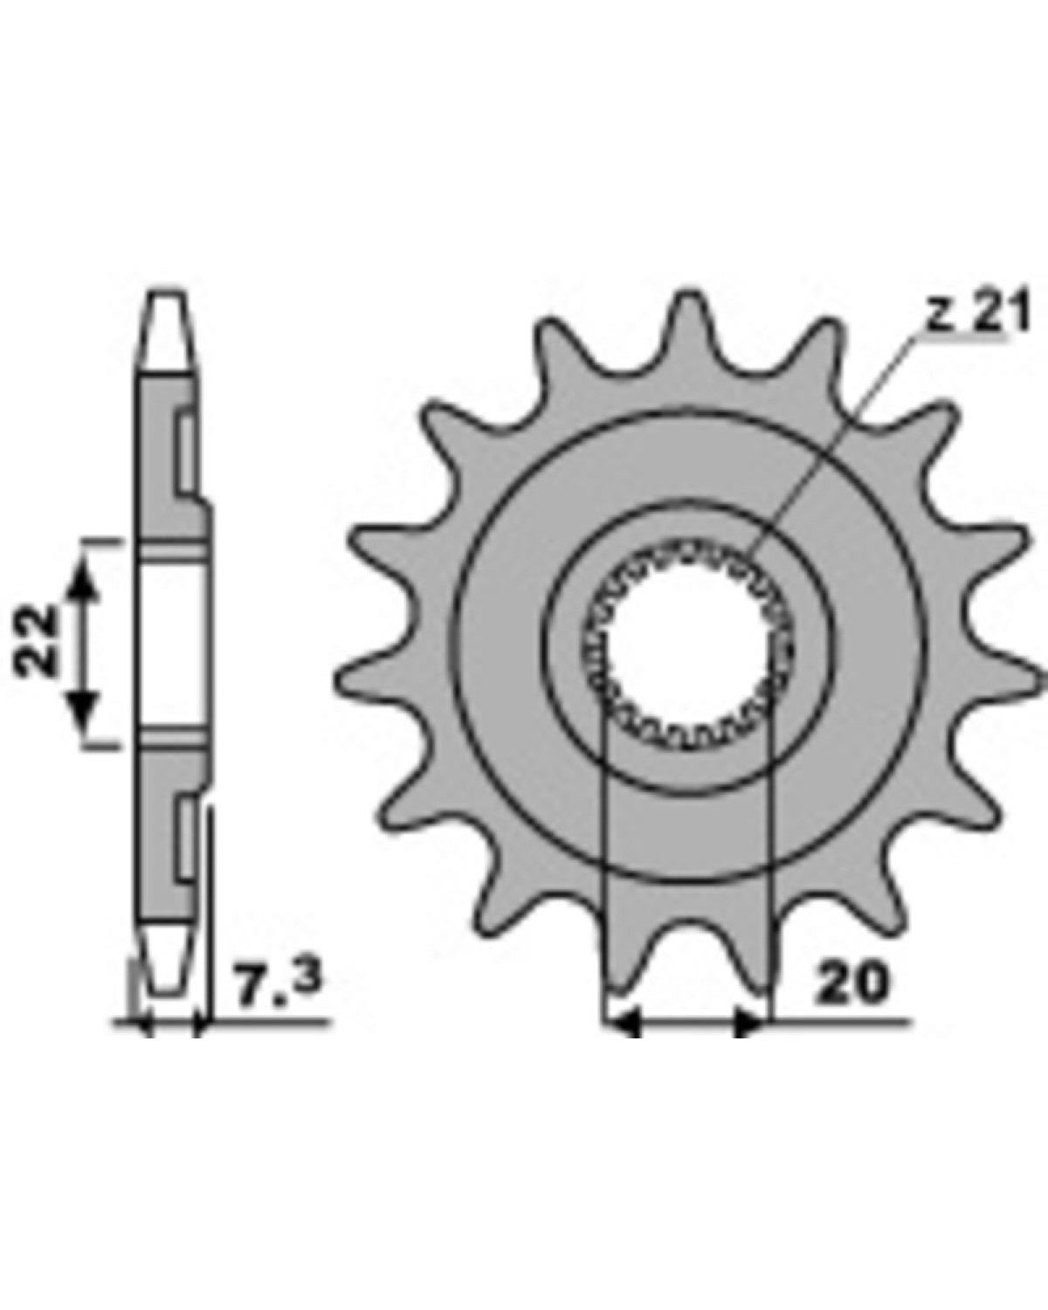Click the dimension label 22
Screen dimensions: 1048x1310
pyautogui.click(x=35, y=640)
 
